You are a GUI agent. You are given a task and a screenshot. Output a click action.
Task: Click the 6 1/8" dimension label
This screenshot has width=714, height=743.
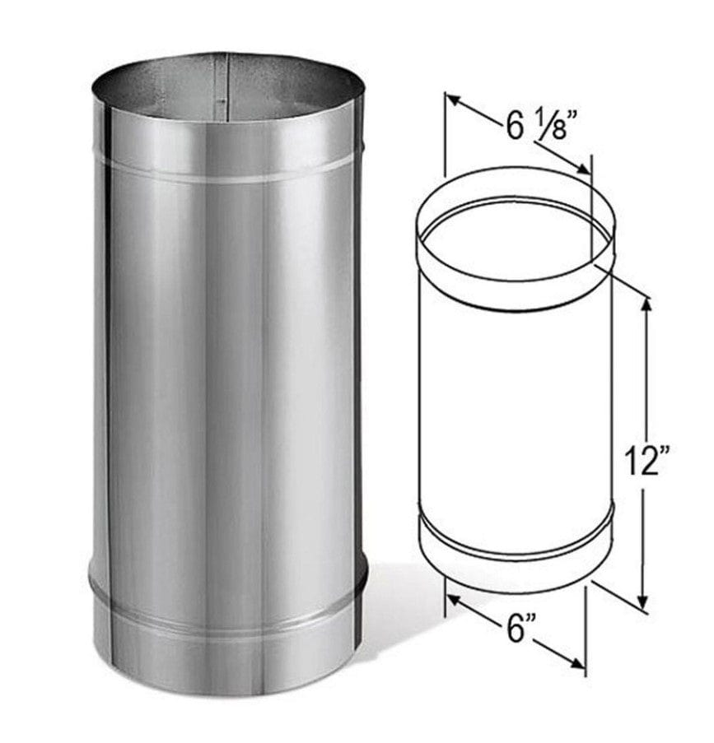coord(537,128)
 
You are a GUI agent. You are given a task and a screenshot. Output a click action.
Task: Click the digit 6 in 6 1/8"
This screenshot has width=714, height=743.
coord(514,127)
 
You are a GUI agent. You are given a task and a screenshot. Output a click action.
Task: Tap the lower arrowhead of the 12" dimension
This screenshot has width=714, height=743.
coord(644,602)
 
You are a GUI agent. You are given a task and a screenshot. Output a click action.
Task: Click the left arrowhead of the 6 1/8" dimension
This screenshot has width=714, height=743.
coord(455,100)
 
